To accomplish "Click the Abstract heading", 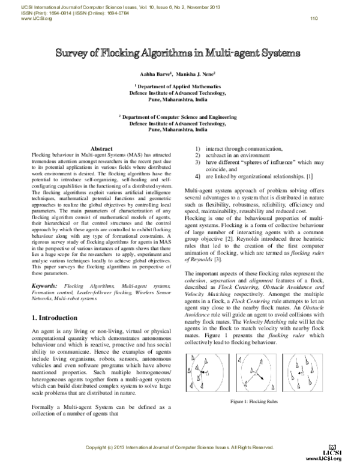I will [x=101, y=148].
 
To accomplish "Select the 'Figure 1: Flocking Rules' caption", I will [x=256, y=401].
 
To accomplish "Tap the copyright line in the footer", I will [x=179, y=448].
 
